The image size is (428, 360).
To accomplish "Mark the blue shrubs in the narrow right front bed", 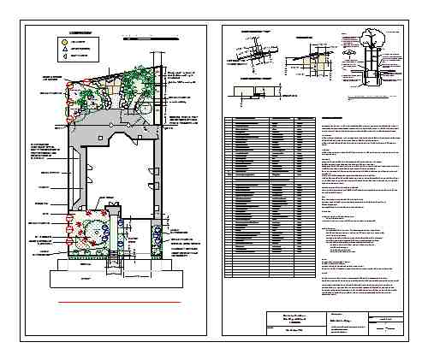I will [x=156, y=234].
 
